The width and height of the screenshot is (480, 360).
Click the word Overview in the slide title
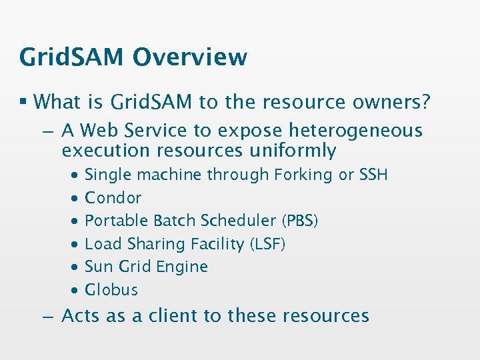(190, 57)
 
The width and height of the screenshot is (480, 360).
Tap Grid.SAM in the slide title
(72, 57)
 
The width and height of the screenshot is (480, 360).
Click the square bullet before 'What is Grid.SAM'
(24, 102)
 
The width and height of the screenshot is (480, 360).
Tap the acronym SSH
(373, 175)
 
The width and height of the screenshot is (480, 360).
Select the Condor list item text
(113, 198)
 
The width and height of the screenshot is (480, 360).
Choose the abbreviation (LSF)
(267, 244)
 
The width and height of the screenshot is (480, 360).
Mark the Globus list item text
(111, 290)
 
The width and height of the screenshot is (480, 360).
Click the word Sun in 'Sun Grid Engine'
(99, 267)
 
